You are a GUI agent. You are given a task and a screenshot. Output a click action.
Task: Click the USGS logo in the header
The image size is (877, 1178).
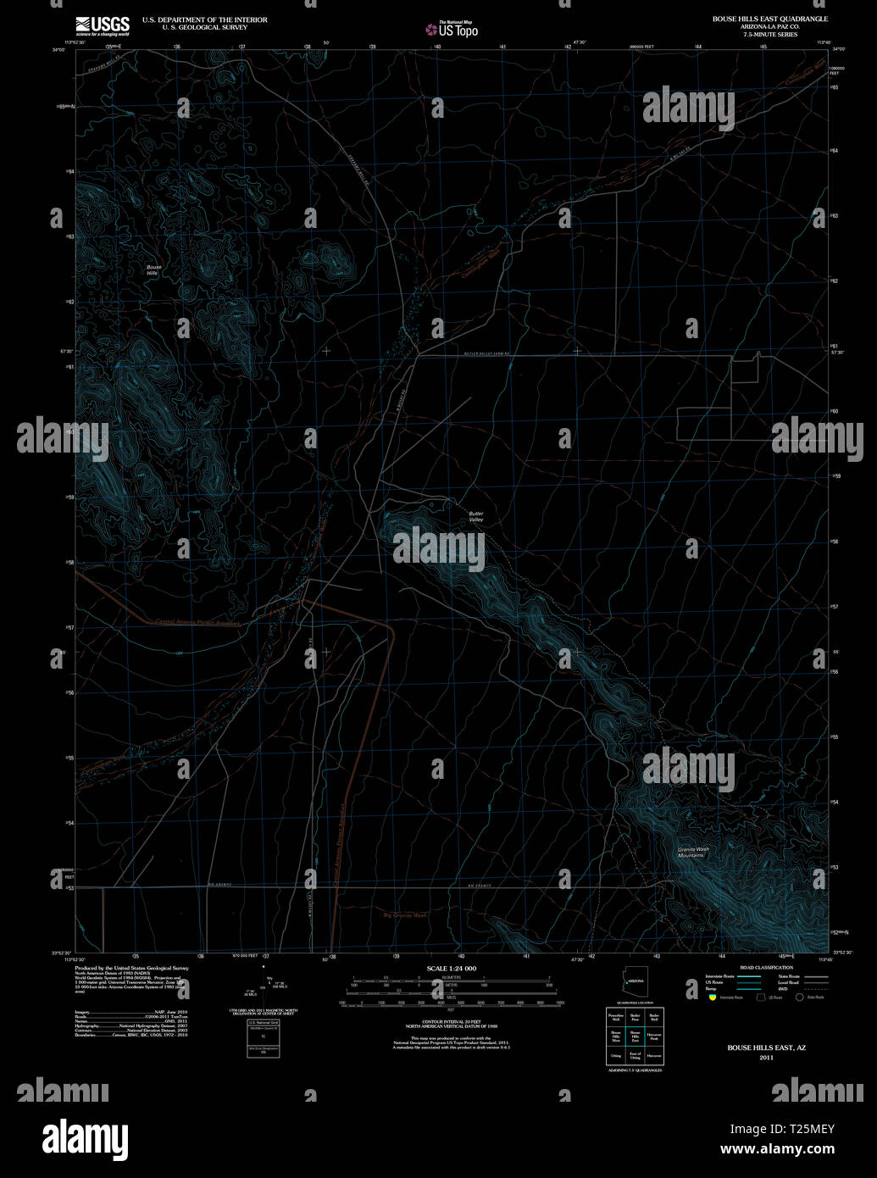(x=103, y=25)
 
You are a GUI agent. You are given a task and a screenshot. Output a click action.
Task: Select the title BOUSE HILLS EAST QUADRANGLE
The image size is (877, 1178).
(x=771, y=18)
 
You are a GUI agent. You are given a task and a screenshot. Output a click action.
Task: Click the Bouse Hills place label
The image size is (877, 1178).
(x=153, y=270)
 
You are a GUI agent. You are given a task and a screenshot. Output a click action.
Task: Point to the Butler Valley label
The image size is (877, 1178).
(x=475, y=516)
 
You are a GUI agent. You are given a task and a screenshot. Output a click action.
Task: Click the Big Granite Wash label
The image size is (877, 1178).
(x=405, y=915)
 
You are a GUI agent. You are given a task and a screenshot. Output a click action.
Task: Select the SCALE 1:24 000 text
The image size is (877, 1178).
(x=451, y=968)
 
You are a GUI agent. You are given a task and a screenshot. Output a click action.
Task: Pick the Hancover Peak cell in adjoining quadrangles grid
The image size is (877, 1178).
(x=653, y=1036)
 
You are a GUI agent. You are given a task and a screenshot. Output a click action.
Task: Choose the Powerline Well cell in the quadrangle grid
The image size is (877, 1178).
(x=616, y=1017)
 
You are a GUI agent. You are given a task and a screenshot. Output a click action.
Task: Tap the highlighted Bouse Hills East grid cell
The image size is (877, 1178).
(x=635, y=1036)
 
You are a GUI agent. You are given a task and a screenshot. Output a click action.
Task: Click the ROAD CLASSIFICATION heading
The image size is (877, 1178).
(x=766, y=968)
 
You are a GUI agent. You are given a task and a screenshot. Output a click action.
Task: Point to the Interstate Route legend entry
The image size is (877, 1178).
(x=720, y=976)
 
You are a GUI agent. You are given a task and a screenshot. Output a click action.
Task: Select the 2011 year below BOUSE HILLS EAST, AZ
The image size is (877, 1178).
(x=766, y=1058)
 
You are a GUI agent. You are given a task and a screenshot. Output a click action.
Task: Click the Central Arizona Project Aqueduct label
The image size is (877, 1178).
(x=197, y=621)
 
